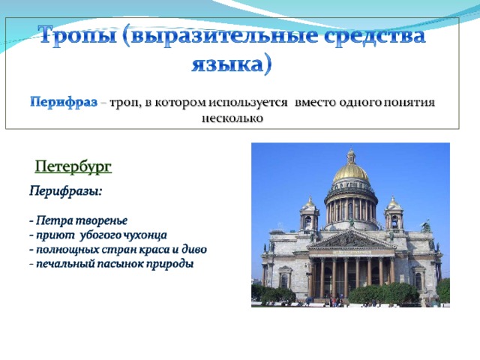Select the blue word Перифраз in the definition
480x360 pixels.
(x=64, y=102)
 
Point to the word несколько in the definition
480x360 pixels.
(x=232, y=118)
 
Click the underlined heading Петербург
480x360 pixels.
(x=73, y=166)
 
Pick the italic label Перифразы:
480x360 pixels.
(x=65, y=192)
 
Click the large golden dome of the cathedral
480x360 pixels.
(x=351, y=172)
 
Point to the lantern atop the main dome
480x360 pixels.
(x=351, y=155)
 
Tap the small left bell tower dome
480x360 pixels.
(x=310, y=202)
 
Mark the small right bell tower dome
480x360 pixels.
(x=393, y=202)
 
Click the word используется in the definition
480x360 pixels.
(x=248, y=102)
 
